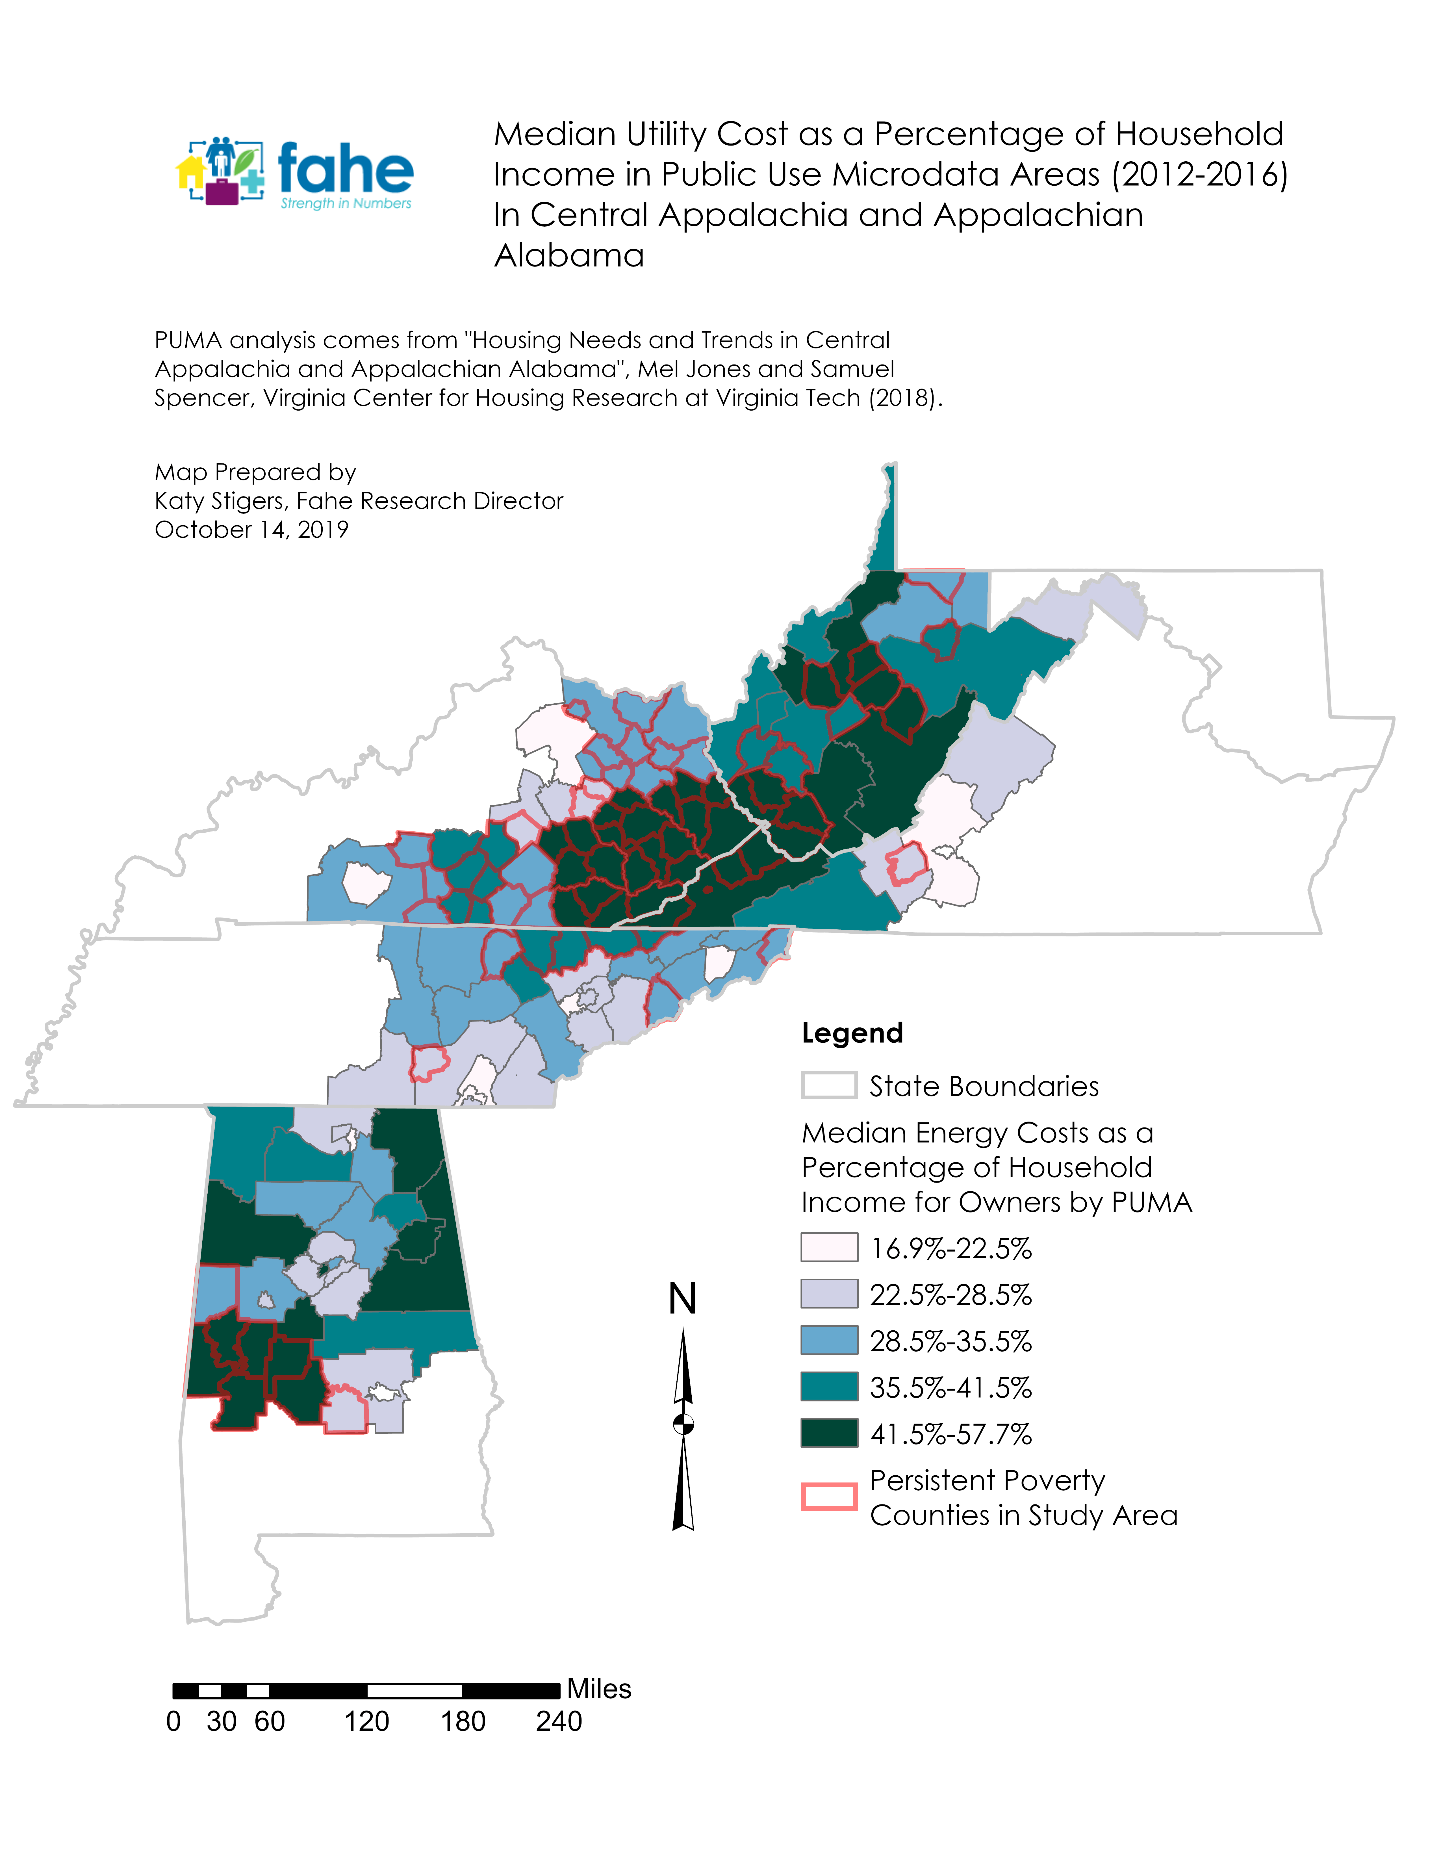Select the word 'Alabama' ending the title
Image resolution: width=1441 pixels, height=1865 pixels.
pos(569,255)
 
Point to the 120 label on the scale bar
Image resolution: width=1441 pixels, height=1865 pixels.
pos(367,1721)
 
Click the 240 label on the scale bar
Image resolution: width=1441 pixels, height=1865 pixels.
pos(559,1721)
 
